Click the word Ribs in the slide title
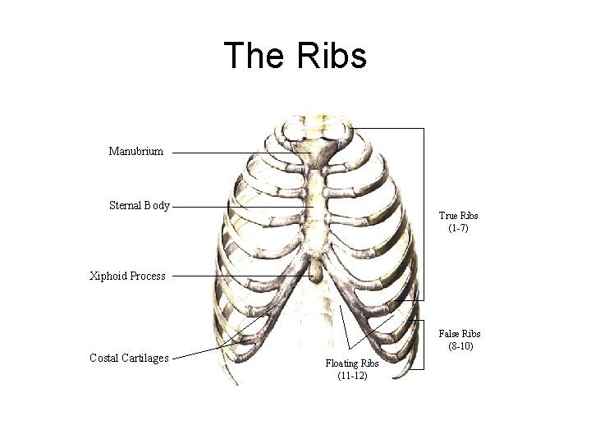[x=331, y=56]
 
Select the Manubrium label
[x=135, y=151]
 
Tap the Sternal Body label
[x=140, y=206]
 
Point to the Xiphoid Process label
[x=127, y=276]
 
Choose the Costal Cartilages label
[x=129, y=358]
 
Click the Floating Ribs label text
[x=352, y=363]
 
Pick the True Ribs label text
[x=458, y=216]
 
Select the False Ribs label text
[x=460, y=334]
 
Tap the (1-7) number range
[x=458, y=228]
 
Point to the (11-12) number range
[x=352, y=376]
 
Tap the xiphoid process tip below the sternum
[x=317, y=269]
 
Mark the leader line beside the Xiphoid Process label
[x=238, y=276]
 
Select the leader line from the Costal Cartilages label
[x=205, y=349]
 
